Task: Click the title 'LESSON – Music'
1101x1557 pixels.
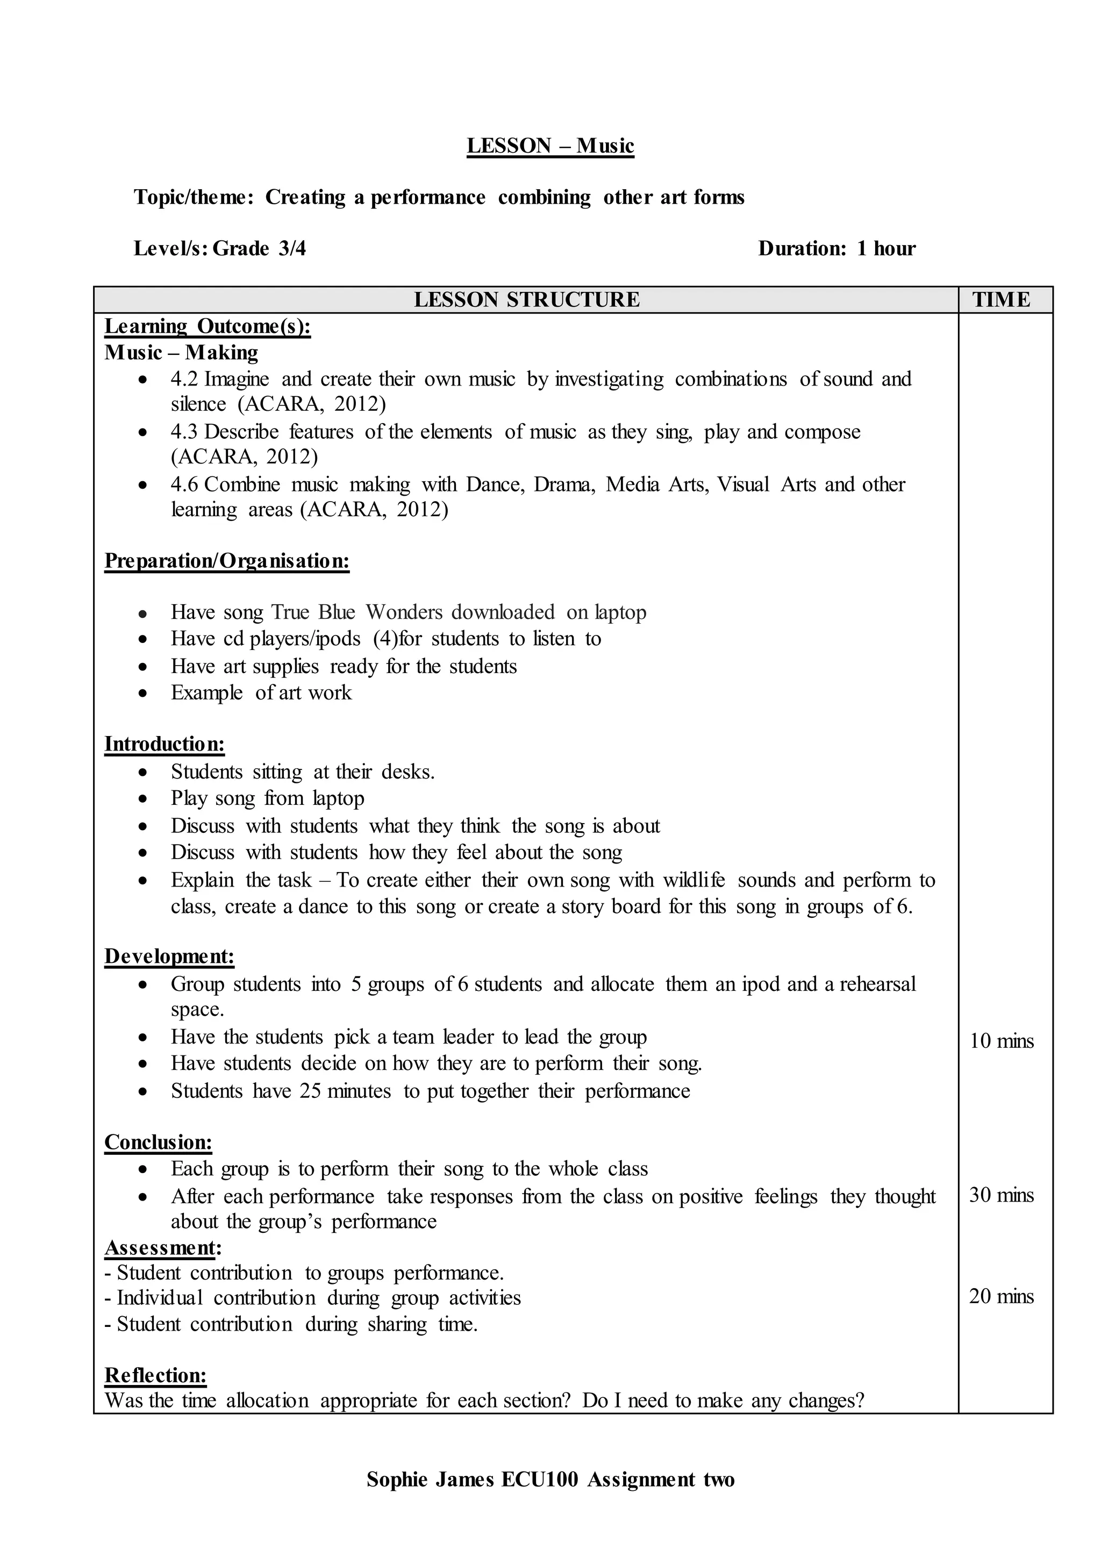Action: pyautogui.click(x=550, y=146)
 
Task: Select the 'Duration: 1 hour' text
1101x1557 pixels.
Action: pyautogui.click(x=836, y=248)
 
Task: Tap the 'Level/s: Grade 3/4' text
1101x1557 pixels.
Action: pyautogui.click(x=220, y=248)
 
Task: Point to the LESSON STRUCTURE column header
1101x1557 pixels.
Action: pyautogui.click(x=526, y=300)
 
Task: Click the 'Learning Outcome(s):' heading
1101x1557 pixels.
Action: pyautogui.click(x=208, y=326)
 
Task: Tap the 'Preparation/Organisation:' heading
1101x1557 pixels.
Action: pyautogui.click(x=226, y=561)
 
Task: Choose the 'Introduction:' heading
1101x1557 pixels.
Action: pyautogui.click(x=164, y=744)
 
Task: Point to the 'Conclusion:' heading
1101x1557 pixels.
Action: pyautogui.click(x=158, y=1142)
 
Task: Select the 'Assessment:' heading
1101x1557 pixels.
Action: pyautogui.click(x=163, y=1247)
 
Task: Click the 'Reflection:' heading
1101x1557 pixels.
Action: pyautogui.click(x=155, y=1375)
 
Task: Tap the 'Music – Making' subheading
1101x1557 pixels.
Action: pyautogui.click(x=181, y=353)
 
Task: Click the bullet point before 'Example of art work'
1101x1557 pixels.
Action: pyautogui.click(x=142, y=694)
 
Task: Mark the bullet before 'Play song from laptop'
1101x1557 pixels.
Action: pyautogui.click(x=142, y=799)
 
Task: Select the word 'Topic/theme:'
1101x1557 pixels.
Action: pyautogui.click(x=194, y=197)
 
